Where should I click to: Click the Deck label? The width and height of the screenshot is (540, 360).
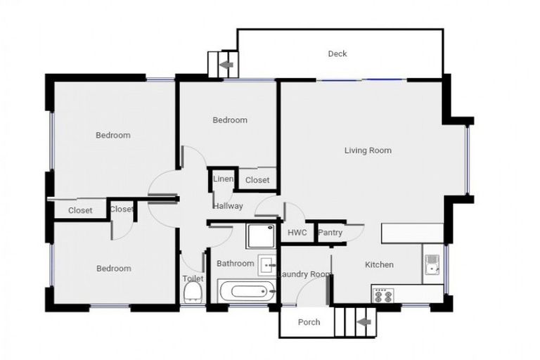[337, 54]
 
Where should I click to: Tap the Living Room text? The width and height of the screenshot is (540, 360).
[368, 150]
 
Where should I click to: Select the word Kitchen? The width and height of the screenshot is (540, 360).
[379, 265]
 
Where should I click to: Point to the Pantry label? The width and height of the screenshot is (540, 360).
[330, 233]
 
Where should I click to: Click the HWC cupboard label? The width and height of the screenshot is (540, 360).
[297, 233]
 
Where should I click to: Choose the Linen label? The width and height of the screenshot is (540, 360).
[223, 180]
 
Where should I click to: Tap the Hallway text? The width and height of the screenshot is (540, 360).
[229, 206]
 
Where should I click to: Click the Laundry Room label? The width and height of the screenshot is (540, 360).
[305, 274]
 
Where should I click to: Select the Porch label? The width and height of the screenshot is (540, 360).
[309, 323]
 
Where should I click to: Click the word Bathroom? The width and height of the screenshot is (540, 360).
[235, 264]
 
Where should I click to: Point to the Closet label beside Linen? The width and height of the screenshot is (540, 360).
[257, 181]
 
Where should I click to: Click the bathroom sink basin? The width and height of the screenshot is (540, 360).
[266, 264]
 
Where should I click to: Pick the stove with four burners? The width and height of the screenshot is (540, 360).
[384, 295]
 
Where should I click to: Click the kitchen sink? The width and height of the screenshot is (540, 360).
[432, 264]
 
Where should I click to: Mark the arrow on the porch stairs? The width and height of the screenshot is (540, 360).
[364, 323]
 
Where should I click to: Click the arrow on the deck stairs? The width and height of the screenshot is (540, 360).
[226, 65]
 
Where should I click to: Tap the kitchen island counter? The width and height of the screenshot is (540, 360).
[412, 233]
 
